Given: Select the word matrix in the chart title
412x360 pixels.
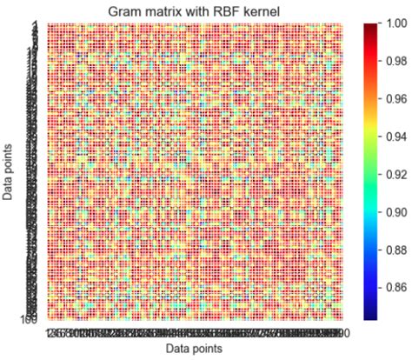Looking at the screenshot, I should click(164, 10).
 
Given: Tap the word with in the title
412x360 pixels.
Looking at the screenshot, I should click(203, 10).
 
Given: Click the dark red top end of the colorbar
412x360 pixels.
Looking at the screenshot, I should click(369, 28).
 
